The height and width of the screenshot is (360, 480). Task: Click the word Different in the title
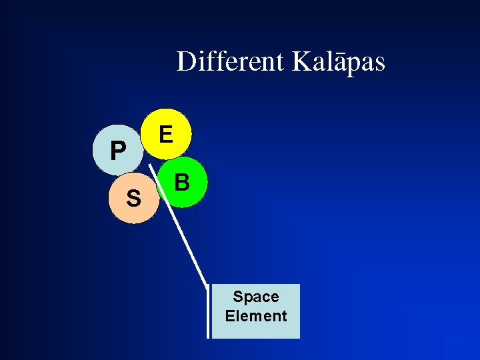(x=230, y=61)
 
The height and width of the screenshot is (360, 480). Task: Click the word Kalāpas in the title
(x=338, y=61)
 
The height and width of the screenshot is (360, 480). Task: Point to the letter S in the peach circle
(x=134, y=198)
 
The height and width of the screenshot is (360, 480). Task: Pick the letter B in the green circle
(x=182, y=181)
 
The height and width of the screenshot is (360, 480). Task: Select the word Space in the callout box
(x=256, y=297)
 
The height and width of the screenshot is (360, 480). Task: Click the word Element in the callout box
(x=256, y=315)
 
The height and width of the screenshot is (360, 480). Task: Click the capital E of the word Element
(x=229, y=315)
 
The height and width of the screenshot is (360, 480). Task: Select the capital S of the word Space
(x=238, y=297)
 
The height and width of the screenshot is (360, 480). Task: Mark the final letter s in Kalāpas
(x=379, y=65)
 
